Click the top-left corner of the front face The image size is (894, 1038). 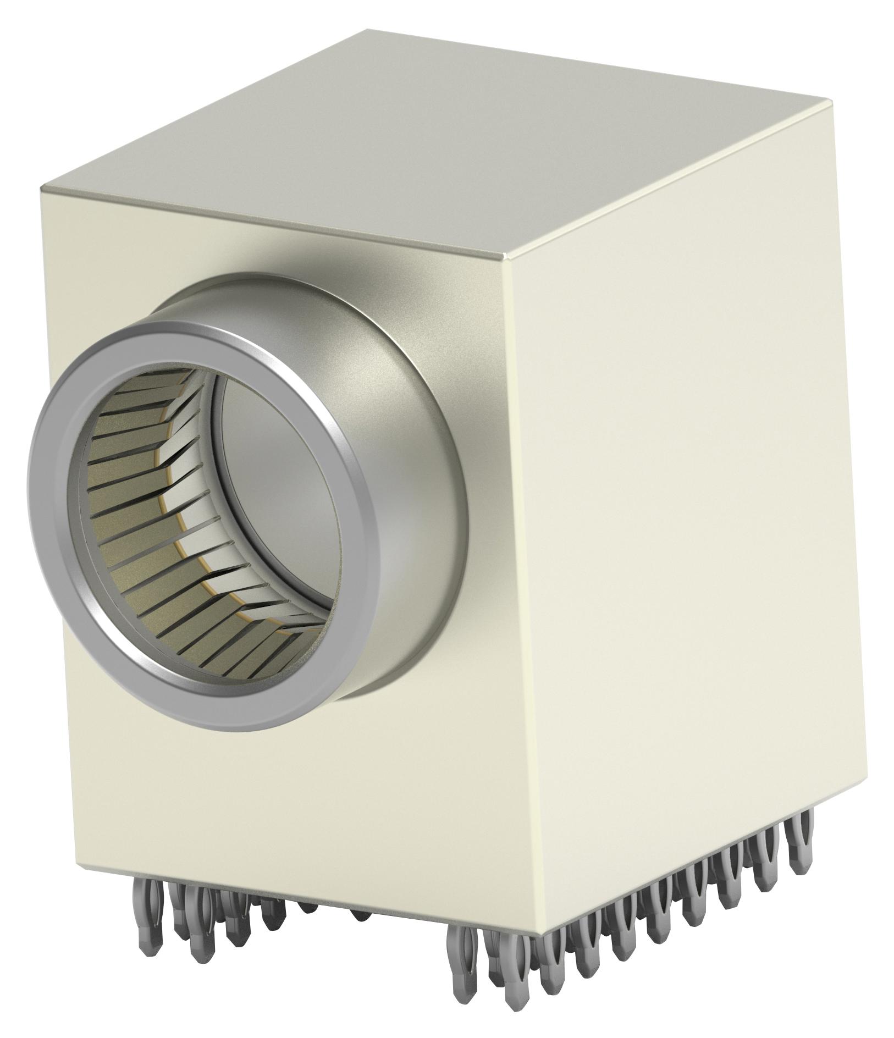pos(42,189)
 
